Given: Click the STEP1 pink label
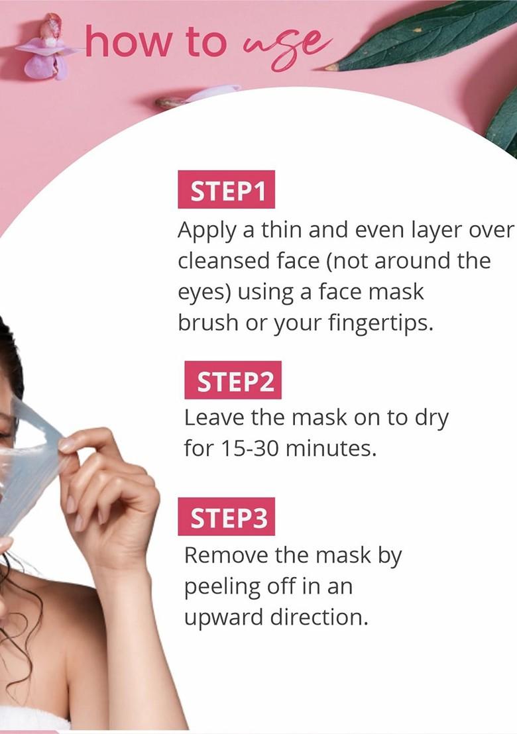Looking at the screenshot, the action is click(226, 189).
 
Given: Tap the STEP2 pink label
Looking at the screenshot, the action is click(233, 380).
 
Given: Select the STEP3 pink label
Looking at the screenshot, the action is click(226, 517).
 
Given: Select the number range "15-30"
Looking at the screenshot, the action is click(248, 448).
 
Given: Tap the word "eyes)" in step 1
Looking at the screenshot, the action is click(205, 293).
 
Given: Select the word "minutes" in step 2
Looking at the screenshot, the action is click(329, 448).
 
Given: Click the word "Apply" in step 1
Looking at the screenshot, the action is click(207, 231).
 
